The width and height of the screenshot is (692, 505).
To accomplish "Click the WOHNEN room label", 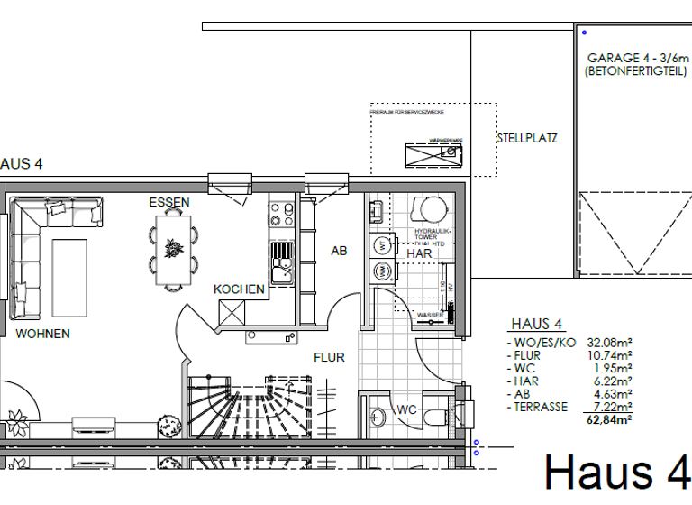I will point(42,334).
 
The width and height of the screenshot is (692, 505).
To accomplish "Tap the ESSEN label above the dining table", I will point(169,203).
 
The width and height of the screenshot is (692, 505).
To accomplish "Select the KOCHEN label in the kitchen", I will point(239,289).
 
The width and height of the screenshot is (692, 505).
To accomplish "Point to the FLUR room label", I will point(329,357).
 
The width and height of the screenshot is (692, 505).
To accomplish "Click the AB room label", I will point(339,252).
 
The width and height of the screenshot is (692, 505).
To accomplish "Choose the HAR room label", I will point(420,254).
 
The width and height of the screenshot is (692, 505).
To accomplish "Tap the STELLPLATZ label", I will point(527,139).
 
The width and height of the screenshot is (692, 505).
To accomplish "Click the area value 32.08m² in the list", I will point(610,343).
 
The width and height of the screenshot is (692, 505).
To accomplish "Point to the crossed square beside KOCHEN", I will point(232,312).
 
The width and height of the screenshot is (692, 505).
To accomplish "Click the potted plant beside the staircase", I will point(166,425).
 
